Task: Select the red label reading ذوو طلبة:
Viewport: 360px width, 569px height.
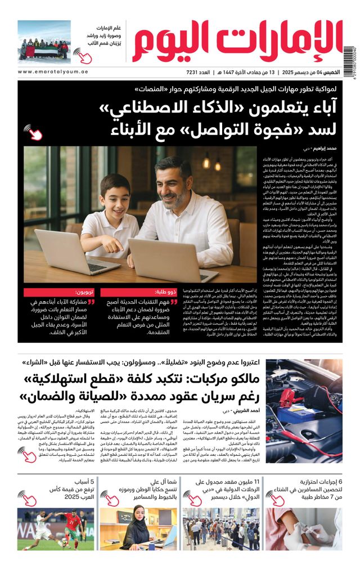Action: coord(168,292)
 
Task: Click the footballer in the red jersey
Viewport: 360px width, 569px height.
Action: coord(61,527)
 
